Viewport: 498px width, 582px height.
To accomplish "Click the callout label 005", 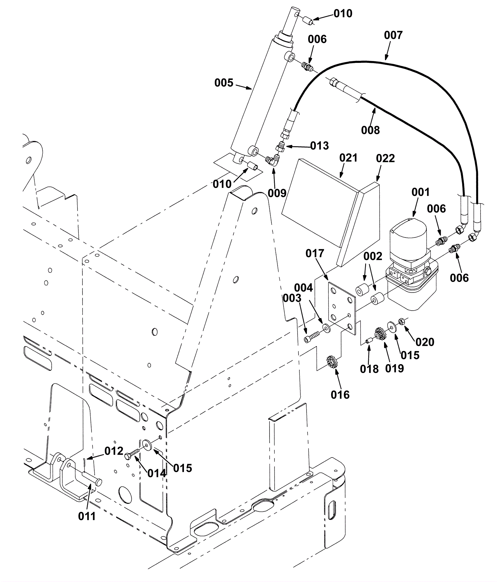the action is [224, 83].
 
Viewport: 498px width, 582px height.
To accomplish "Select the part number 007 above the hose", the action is [393, 35].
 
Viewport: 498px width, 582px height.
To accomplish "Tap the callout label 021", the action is [348, 158].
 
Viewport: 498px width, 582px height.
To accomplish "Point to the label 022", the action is [385, 158].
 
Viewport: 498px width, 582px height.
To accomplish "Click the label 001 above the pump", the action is [420, 192].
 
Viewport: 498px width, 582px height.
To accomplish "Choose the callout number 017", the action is [315, 254].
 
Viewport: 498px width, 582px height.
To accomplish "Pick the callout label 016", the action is [340, 395].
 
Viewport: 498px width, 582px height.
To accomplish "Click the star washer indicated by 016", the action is [333, 362].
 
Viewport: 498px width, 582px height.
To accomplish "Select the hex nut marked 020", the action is [402, 321].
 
